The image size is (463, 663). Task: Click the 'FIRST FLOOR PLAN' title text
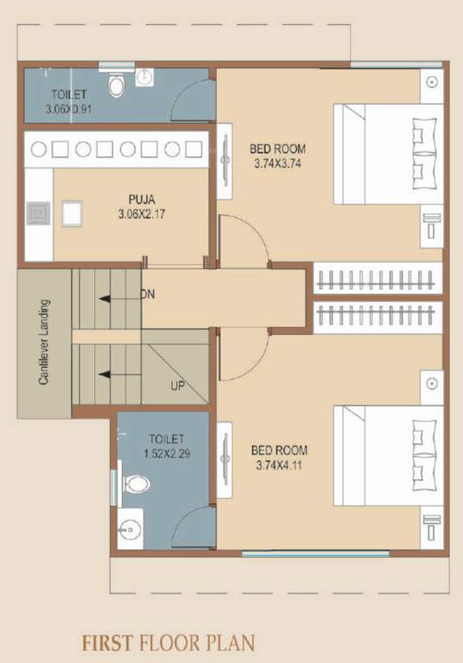168,642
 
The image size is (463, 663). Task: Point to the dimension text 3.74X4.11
279,464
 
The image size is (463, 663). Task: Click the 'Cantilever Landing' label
44,342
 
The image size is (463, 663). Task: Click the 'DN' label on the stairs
148,294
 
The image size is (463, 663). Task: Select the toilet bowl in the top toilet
117,85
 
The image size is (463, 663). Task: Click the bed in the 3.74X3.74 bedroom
389,154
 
